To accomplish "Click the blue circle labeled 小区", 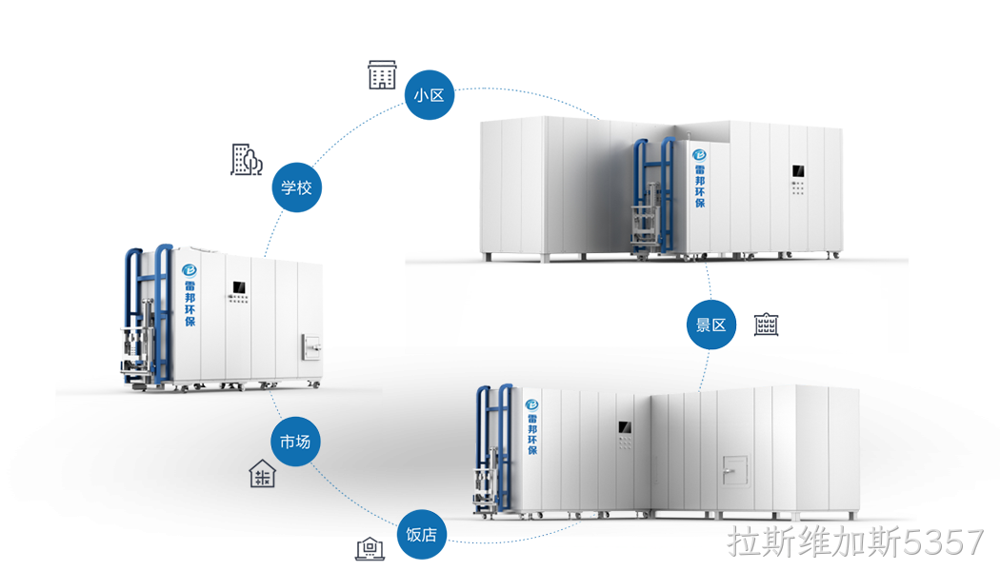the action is [x=430, y=95].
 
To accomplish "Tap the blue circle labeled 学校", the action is [x=296, y=187].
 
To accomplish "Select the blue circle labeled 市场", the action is [x=295, y=441].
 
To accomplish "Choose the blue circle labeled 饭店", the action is [x=422, y=534].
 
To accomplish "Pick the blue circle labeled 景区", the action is [x=711, y=325].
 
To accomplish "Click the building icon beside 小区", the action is [x=382, y=74].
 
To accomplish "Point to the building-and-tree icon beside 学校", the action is [x=247, y=159].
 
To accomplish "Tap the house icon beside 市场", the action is [x=262, y=474].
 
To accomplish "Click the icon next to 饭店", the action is [x=370, y=549].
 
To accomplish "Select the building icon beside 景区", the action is [x=766, y=325].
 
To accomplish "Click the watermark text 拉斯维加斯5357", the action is [x=855, y=542].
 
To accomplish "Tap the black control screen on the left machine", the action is [x=239, y=287].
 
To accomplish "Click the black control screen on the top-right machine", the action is [x=798, y=170].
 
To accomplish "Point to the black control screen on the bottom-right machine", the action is [x=625, y=427].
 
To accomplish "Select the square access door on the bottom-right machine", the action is [x=735, y=471].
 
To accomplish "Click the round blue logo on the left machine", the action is [x=190, y=270].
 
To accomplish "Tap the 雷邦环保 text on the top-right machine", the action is [x=700, y=187].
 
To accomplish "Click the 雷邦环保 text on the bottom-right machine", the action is [x=532, y=434].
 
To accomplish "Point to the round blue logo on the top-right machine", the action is [x=700, y=155].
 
